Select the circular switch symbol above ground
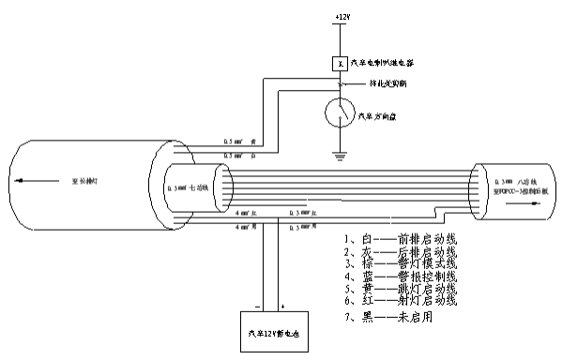(x=339, y=113)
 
